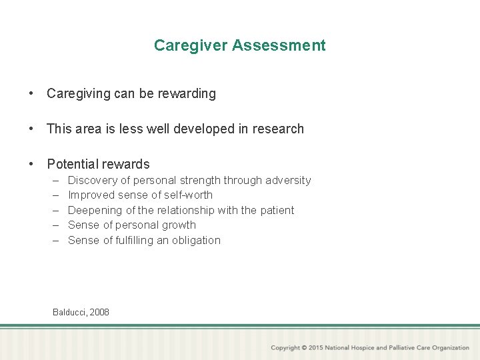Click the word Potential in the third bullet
click(x=72, y=164)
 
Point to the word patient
click(x=277, y=211)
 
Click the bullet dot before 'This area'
click(x=31, y=129)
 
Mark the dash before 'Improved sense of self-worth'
click(x=54, y=195)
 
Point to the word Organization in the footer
click(x=451, y=348)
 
